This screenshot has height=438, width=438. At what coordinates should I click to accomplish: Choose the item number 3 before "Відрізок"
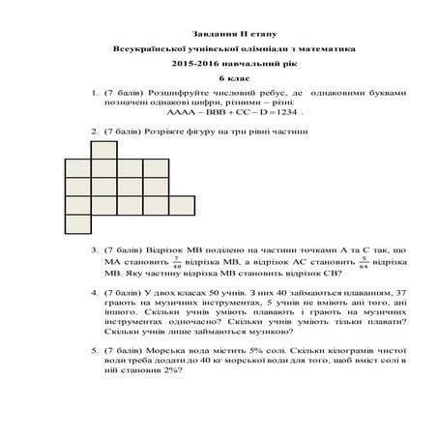pos(94,249)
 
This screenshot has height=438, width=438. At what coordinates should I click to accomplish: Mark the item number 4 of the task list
pos(94,289)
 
